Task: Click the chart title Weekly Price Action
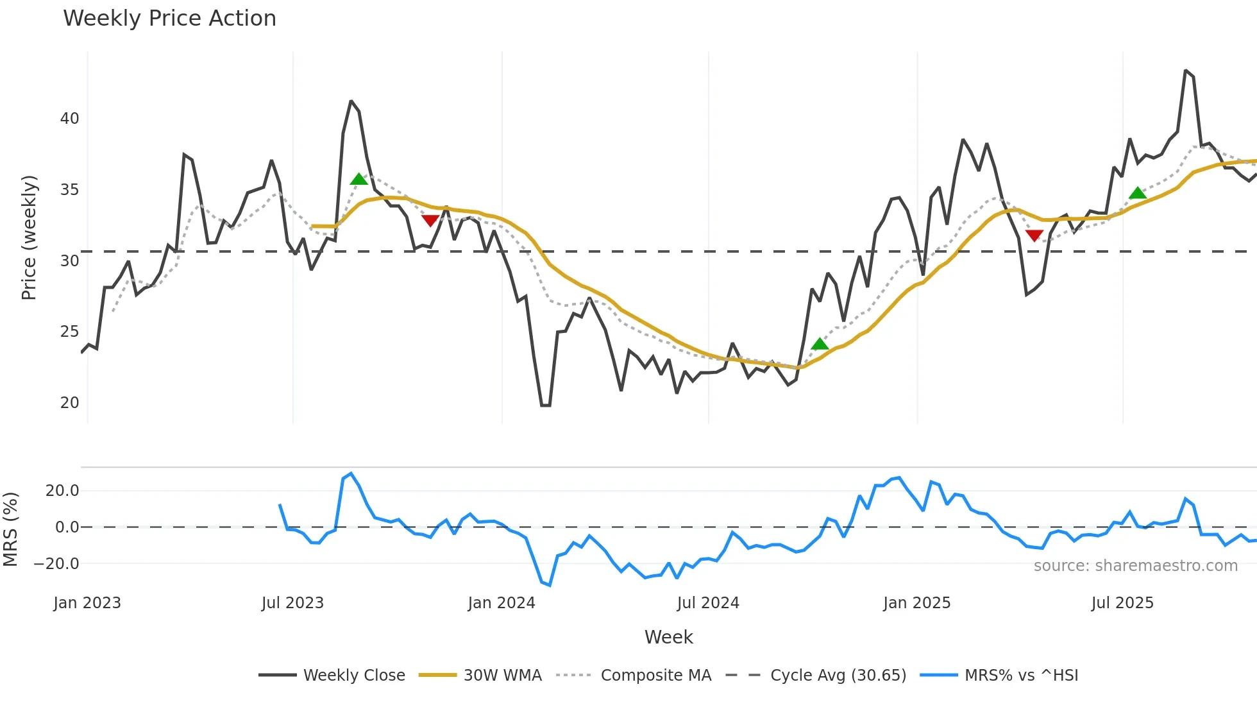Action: pyautogui.click(x=169, y=19)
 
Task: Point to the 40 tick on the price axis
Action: pyautogui.click(x=69, y=119)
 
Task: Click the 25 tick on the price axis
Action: pyautogui.click(x=69, y=332)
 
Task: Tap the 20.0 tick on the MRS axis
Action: pyautogui.click(x=62, y=491)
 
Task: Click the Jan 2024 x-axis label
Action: pyautogui.click(x=502, y=603)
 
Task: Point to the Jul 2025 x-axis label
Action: pyautogui.click(x=1122, y=603)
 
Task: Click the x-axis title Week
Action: pyautogui.click(x=668, y=637)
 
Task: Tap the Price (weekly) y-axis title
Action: pyautogui.click(x=29, y=237)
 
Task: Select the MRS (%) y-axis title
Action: pyautogui.click(x=10, y=529)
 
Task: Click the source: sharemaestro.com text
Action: pyautogui.click(x=1135, y=566)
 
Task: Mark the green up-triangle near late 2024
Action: pyautogui.click(x=820, y=345)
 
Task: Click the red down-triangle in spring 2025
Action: pyautogui.click(x=1034, y=235)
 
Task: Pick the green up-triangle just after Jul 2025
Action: pyautogui.click(x=1138, y=193)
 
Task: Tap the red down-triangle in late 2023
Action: pyautogui.click(x=430, y=221)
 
